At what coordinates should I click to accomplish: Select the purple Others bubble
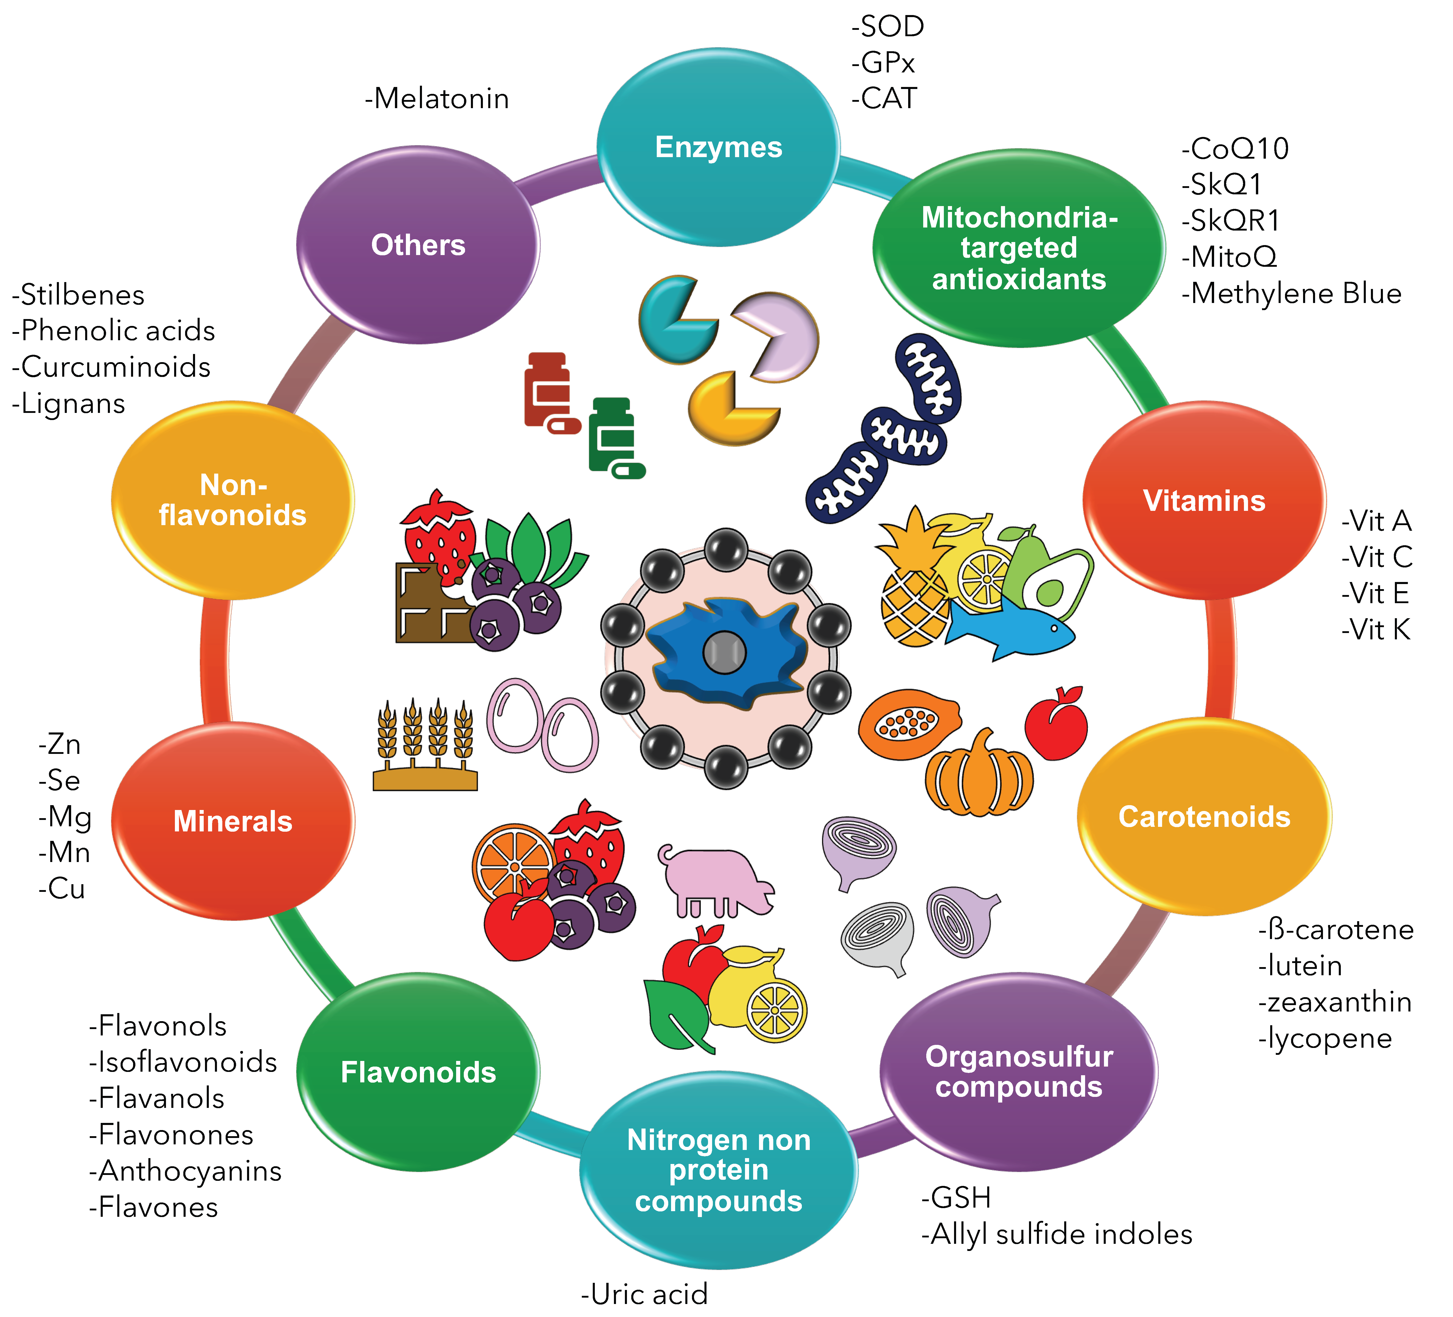418,245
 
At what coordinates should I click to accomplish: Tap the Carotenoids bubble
1204,817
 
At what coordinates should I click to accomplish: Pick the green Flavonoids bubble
418,1072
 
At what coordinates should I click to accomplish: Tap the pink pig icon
714,881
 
